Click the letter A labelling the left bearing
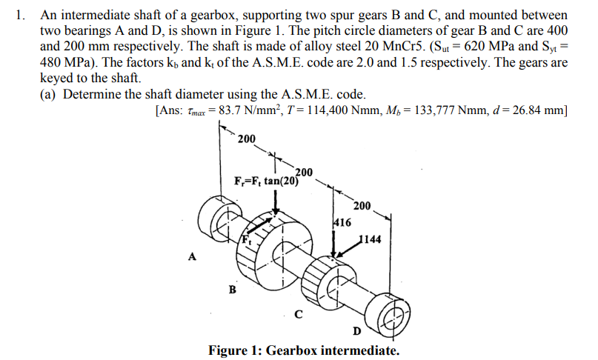[x=193, y=257]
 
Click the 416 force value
[x=342, y=221]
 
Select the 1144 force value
[x=370, y=239]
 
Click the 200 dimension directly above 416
[x=362, y=205]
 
